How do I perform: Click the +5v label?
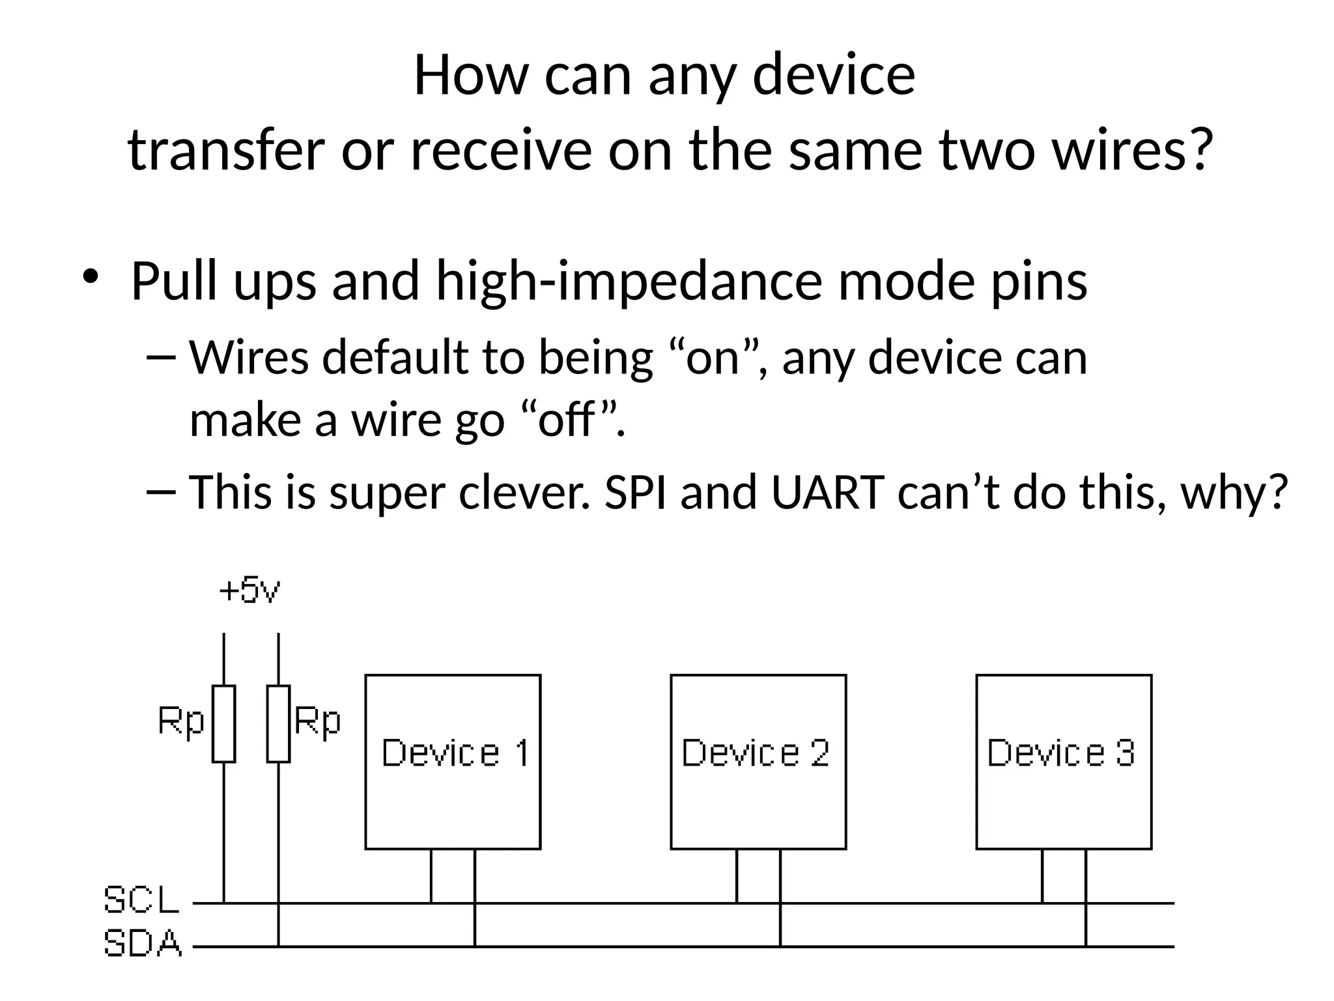click(x=249, y=590)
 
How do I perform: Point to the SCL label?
click(x=141, y=900)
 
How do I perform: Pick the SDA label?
click(x=143, y=944)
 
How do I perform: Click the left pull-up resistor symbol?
click(x=223, y=723)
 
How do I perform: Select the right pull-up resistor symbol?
click(x=278, y=723)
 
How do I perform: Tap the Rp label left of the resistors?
click(x=181, y=722)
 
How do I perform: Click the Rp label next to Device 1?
click(x=317, y=722)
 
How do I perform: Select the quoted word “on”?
click(x=715, y=358)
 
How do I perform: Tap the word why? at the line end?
click(x=1234, y=493)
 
